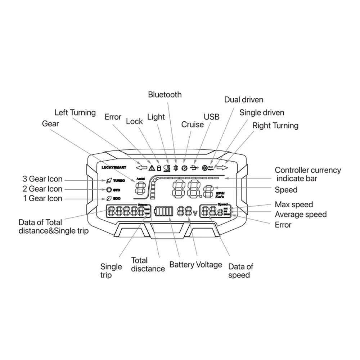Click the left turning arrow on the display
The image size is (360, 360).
[x=141, y=168]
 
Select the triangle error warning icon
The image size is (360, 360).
[x=152, y=168]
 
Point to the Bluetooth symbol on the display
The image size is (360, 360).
[x=176, y=168]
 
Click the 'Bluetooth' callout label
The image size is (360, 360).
[x=165, y=95]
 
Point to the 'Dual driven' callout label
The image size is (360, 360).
[x=244, y=100]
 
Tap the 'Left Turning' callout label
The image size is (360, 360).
[x=75, y=113]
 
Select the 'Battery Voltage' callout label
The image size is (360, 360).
[x=195, y=265]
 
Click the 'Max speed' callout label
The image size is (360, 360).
[x=294, y=205]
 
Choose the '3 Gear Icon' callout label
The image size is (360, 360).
[x=42, y=179]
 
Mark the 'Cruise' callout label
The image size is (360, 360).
[x=192, y=125]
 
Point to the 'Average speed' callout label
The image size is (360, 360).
[x=301, y=215]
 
